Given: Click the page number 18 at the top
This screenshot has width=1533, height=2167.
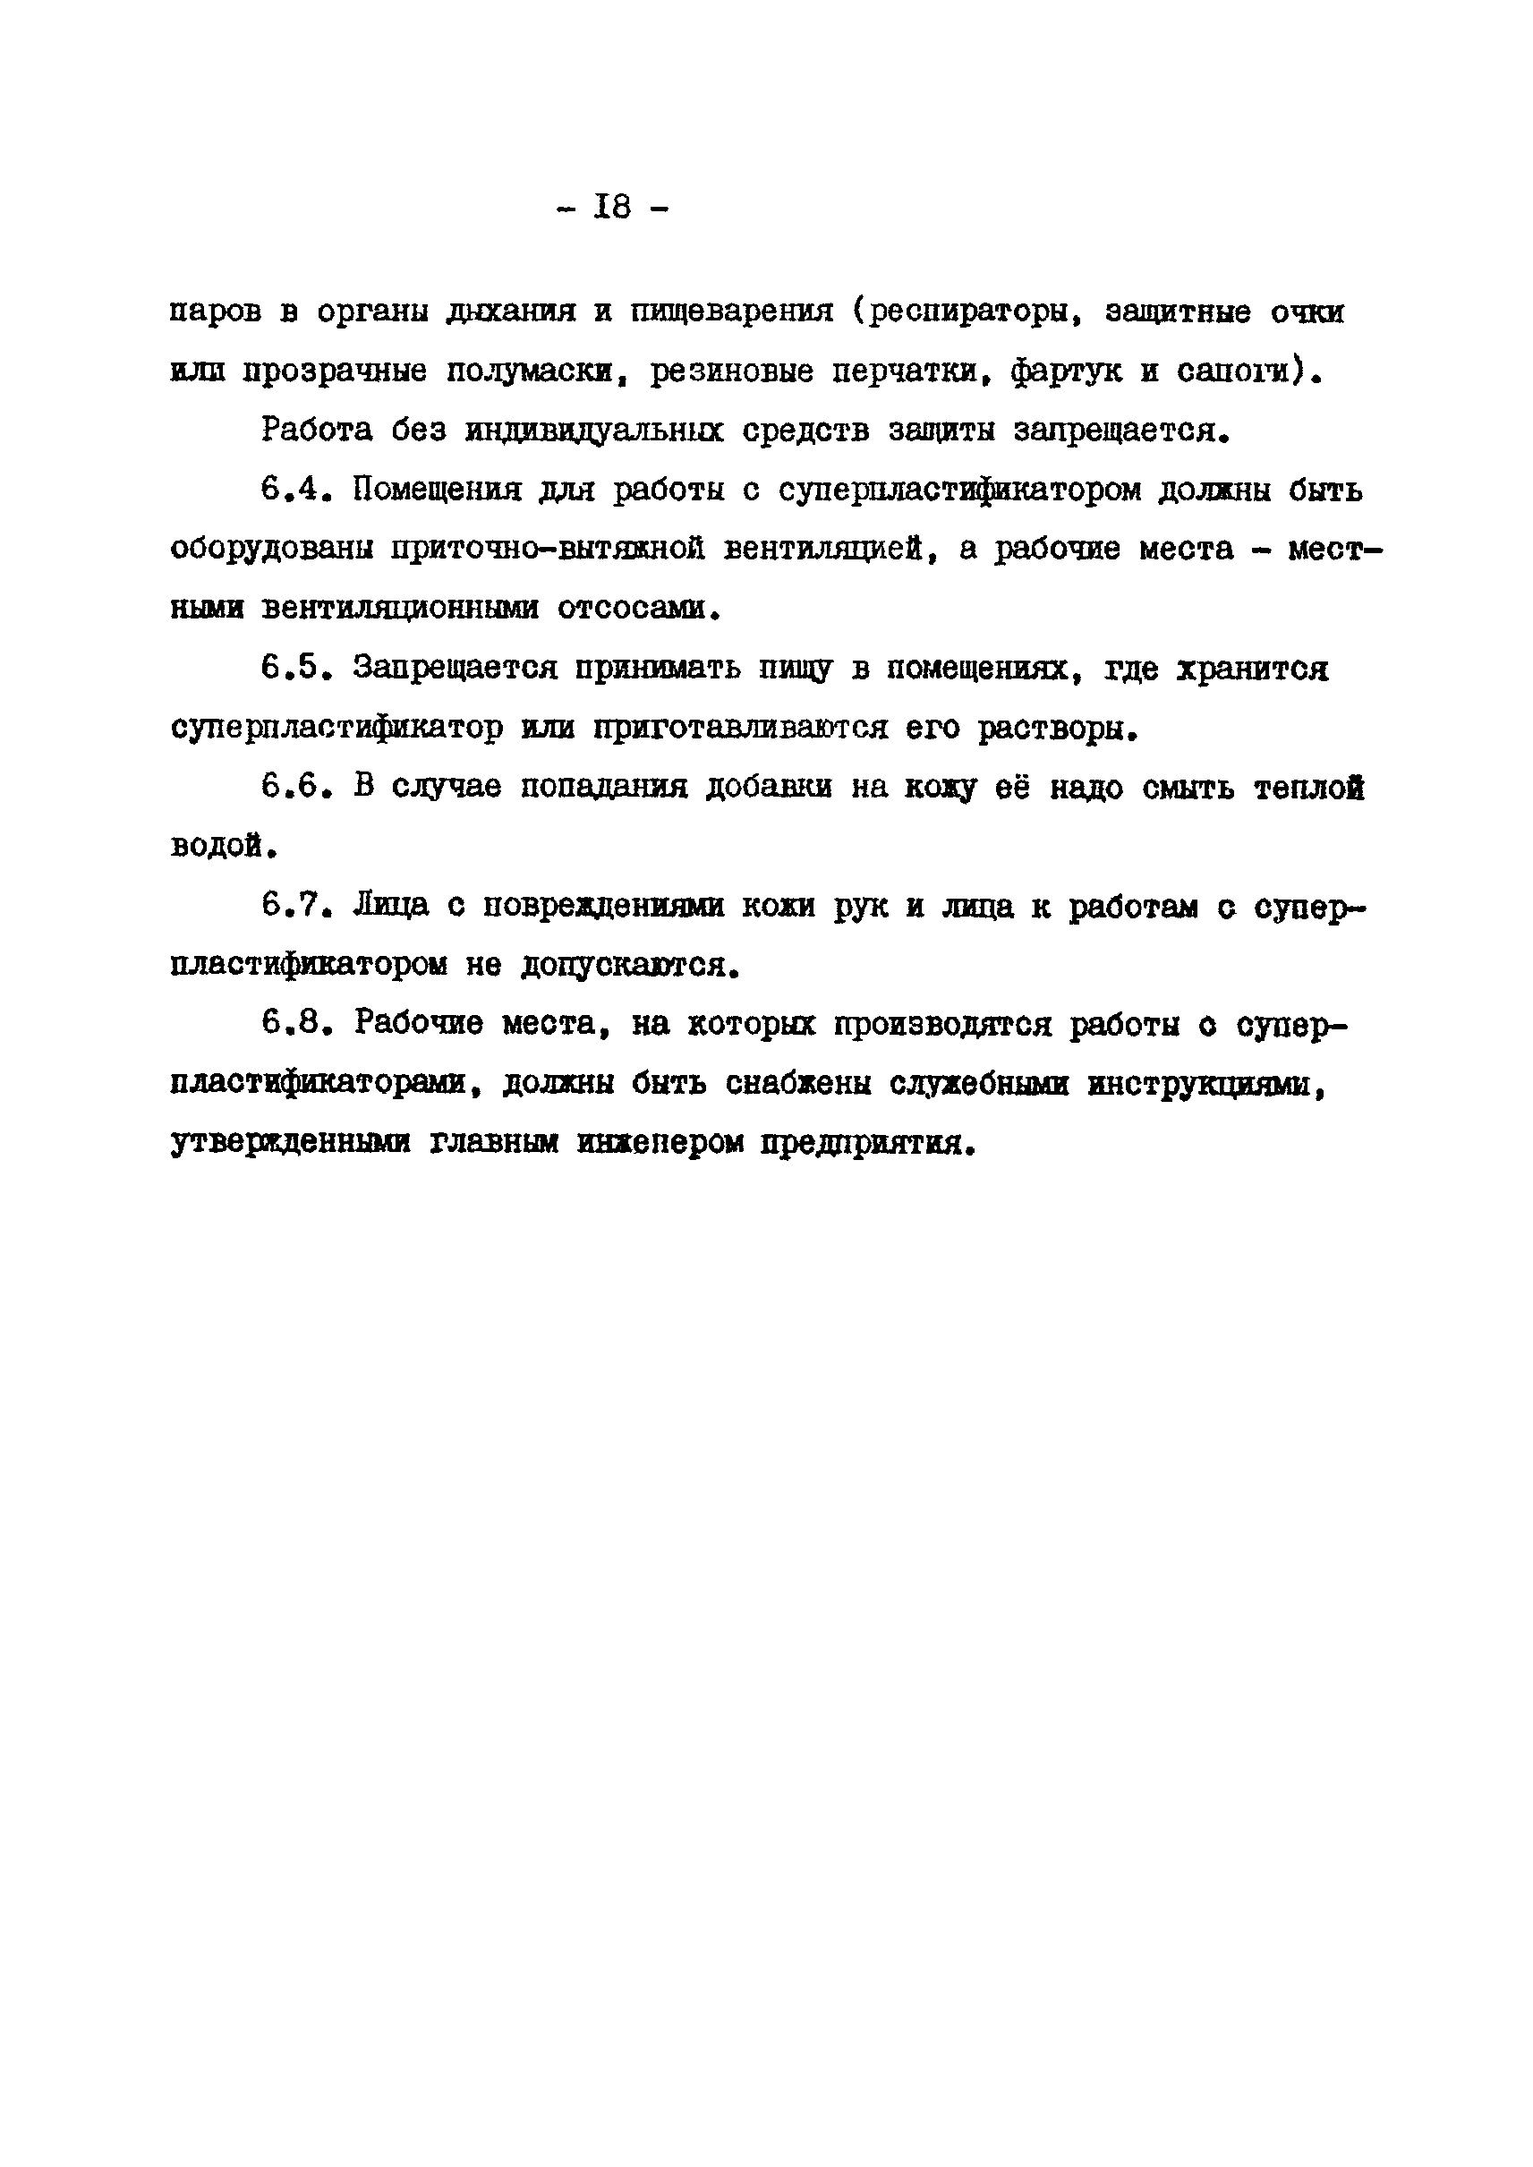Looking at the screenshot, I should [613, 206].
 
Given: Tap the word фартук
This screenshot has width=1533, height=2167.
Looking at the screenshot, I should [1066, 372].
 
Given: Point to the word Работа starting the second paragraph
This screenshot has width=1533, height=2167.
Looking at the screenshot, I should [316, 431].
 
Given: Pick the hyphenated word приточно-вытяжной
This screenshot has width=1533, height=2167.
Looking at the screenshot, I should [548, 550].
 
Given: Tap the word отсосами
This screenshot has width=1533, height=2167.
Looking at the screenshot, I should [638, 609].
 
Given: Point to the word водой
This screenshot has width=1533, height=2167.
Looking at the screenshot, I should [223, 846].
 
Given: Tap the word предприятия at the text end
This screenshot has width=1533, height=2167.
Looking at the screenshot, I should [865, 1143].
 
